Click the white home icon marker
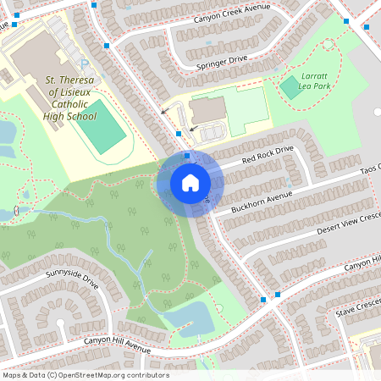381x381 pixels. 190,183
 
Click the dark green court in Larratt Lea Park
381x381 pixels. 291,86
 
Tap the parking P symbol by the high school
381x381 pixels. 84,63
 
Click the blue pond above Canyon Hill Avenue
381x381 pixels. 188,317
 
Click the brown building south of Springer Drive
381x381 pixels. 207,109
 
